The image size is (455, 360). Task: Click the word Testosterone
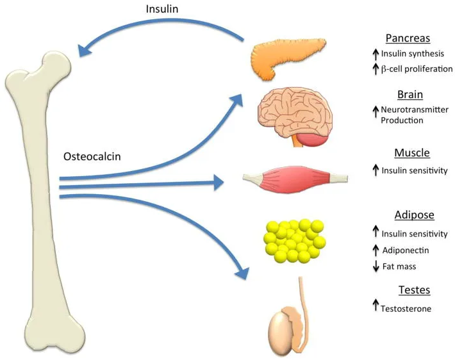[406, 309]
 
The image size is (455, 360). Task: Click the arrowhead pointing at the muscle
[218, 183]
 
